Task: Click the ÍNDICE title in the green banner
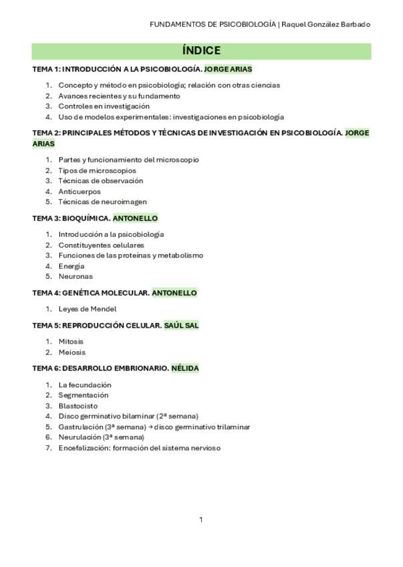tap(201, 51)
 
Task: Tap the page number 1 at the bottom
tap(201, 520)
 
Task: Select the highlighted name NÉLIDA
tap(185, 368)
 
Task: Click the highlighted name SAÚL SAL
tap(181, 326)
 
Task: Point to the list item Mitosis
tap(72, 342)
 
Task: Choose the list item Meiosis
tap(72, 352)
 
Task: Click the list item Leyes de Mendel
tap(88, 309)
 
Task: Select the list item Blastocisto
tap(78, 406)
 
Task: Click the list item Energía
tap(72, 266)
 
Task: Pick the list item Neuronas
tap(76, 276)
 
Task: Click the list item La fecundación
tap(85, 385)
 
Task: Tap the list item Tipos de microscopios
tap(97, 171)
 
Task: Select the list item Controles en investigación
tap(104, 106)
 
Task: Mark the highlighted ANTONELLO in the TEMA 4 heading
tap(174, 293)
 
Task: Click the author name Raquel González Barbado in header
tap(326, 24)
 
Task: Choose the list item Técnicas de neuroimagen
tap(102, 202)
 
